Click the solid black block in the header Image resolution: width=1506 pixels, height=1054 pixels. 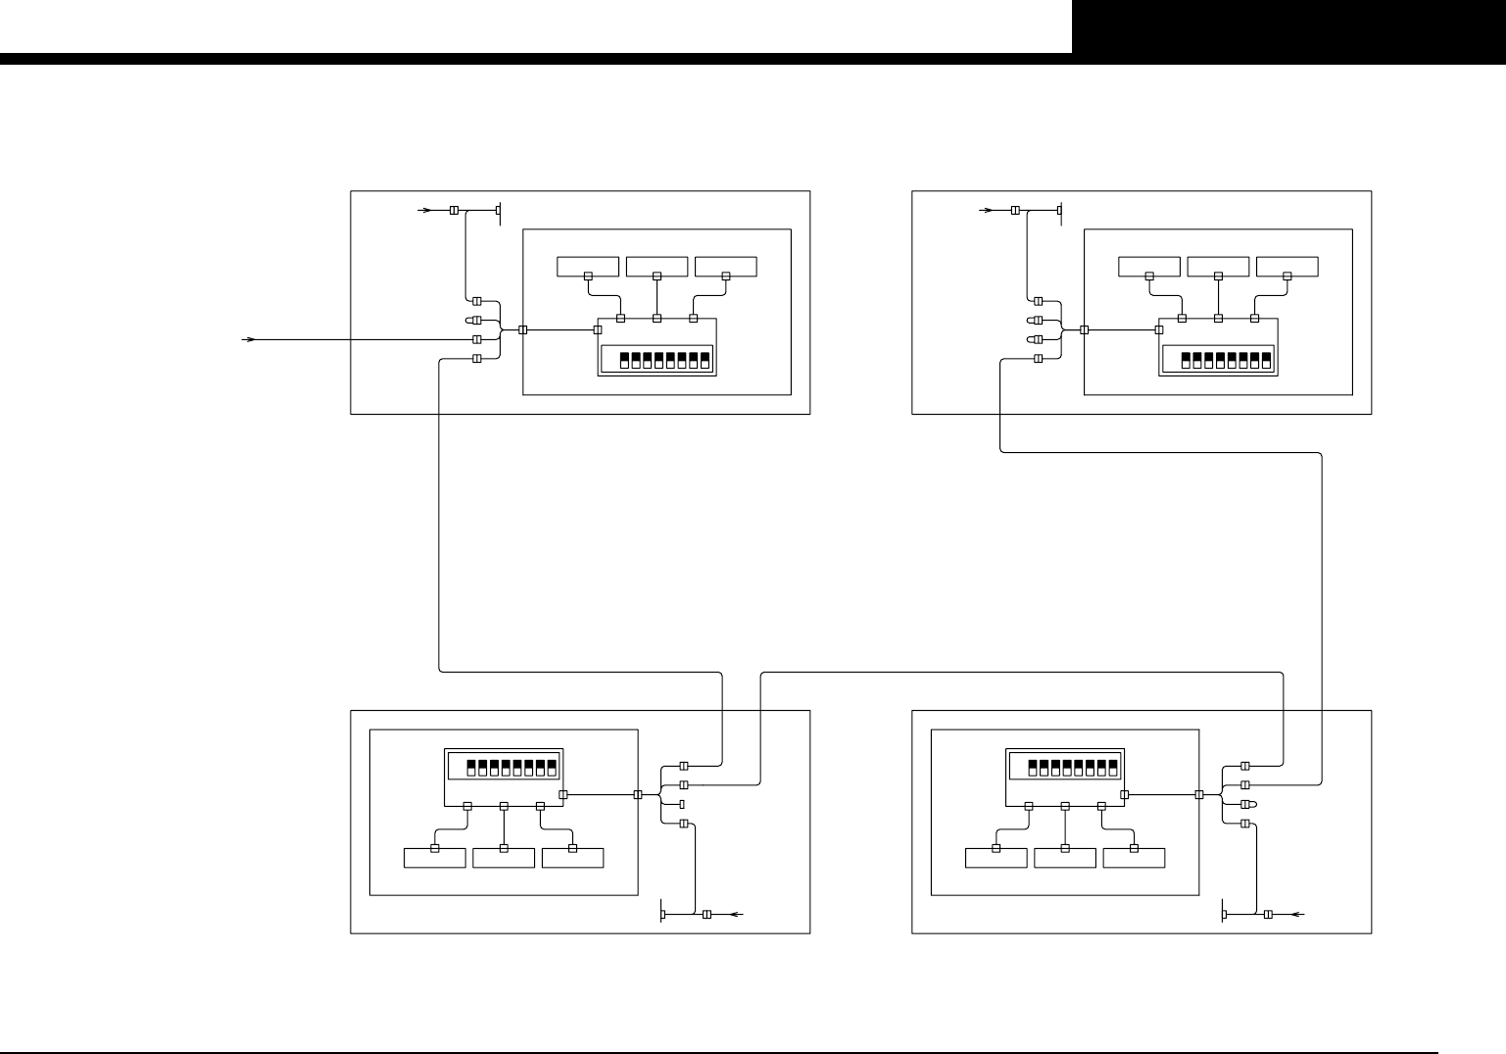(1287, 25)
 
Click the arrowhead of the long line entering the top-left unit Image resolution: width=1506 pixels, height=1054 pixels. (250, 339)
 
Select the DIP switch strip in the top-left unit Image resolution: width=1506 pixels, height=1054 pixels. (656, 359)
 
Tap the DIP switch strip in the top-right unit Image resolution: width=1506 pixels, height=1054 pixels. (1217, 359)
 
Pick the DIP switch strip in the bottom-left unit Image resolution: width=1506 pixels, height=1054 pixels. (504, 765)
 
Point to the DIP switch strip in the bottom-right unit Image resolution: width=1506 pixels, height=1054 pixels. (1065, 765)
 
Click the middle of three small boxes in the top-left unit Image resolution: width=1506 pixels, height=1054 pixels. (657, 266)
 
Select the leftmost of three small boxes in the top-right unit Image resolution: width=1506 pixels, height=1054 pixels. (1149, 266)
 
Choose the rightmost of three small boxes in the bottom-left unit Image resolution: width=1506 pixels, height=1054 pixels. (572, 858)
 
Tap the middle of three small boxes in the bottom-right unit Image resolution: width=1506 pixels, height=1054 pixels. (1065, 858)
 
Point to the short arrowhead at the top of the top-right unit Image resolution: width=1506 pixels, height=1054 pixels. (987, 211)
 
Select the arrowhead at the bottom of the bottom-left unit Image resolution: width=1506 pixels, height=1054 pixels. (738, 915)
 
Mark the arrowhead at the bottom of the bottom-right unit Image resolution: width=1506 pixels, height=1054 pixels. (1298, 915)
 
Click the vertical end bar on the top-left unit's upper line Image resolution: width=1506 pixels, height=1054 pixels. (500, 211)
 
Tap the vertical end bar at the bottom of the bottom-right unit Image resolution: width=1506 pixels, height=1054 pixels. (1225, 915)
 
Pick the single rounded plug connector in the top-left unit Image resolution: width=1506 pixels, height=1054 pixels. (475, 320)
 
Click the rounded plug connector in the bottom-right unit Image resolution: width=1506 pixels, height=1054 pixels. (1248, 804)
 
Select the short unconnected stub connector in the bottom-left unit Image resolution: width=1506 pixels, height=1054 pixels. (682, 804)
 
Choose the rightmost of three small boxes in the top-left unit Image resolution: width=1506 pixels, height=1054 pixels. (726, 266)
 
